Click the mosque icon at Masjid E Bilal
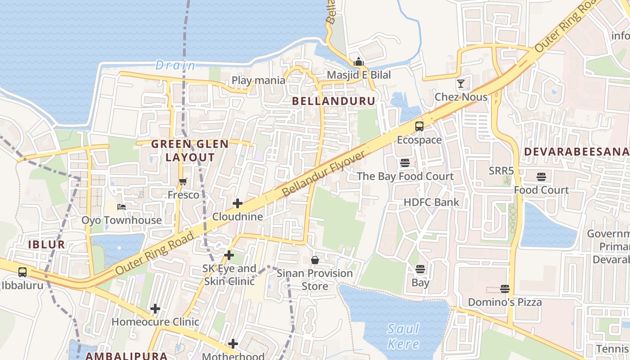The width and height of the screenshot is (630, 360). [359, 62]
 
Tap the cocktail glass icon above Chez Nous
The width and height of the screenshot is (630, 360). [461, 84]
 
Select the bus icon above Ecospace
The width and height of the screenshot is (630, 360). [419, 126]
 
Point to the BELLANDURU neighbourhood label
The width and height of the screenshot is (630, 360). [333, 101]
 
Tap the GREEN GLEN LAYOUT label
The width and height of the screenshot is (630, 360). [190, 151]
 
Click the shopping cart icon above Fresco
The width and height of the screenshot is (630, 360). [183, 182]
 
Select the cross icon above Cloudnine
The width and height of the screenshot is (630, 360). [238, 203]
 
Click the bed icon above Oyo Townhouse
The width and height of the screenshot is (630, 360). [121, 207]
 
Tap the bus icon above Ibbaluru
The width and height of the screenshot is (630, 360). [22, 272]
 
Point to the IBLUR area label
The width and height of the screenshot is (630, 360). [47, 245]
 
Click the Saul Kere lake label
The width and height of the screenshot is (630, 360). [403, 336]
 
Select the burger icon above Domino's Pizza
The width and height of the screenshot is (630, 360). [505, 289]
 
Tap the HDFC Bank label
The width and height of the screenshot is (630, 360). [432, 202]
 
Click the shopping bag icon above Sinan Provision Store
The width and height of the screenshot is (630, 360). [315, 260]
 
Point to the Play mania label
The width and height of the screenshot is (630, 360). [258, 81]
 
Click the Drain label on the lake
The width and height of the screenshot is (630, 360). [175, 66]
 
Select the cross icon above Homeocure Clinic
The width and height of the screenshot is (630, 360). [155, 309]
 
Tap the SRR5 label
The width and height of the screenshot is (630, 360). [501, 171]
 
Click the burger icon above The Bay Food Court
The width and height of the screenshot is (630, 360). [405, 163]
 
